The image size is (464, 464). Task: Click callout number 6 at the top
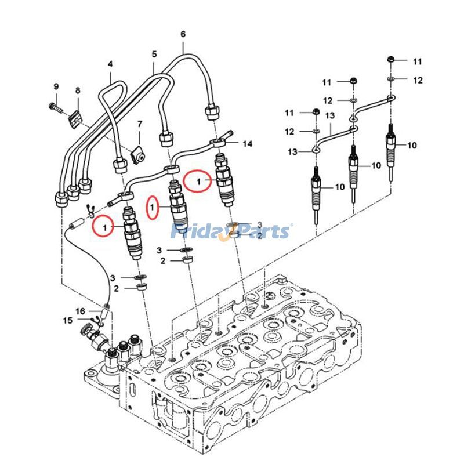[x=183, y=34]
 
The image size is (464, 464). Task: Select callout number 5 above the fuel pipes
[x=154, y=55]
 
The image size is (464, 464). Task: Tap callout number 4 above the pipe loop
[x=110, y=64]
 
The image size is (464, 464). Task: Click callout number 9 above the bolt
[x=56, y=86]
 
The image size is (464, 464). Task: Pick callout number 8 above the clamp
[x=78, y=90]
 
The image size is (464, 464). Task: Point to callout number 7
[x=140, y=124]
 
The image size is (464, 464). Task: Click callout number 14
[x=248, y=144]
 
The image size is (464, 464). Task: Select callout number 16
[x=80, y=311]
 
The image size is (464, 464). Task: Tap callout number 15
[x=68, y=320]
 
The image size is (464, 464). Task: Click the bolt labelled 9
[x=56, y=108]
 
